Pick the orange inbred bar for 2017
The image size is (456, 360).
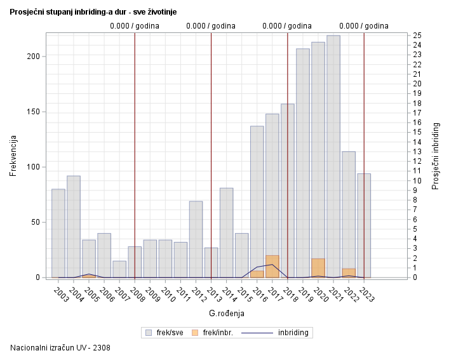click(272, 267)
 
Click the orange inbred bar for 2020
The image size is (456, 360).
click(318, 268)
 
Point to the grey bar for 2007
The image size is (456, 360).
click(119, 269)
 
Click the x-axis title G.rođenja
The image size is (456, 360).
click(227, 314)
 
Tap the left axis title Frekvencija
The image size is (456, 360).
click(13, 156)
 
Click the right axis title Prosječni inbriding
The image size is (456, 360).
click(436, 156)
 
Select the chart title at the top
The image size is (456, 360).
click(93, 11)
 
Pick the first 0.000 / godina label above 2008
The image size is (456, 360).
click(135, 26)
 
